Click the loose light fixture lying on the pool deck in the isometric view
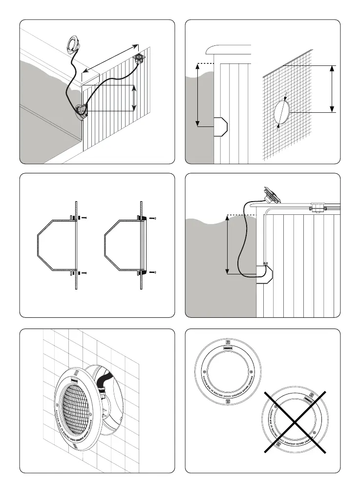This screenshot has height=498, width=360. pyautogui.click(x=74, y=44)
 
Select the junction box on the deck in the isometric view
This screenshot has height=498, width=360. pyautogui.click(x=139, y=59)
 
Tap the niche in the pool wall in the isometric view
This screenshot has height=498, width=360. pyautogui.click(x=81, y=111)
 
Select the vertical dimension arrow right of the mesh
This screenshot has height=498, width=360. pyautogui.click(x=332, y=89)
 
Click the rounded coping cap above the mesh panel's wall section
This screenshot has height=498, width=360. pyautogui.click(x=229, y=50)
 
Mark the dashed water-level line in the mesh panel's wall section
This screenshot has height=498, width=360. pyautogui.click(x=206, y=63)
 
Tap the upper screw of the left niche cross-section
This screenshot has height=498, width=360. pyautogui.click(x=84, y=217)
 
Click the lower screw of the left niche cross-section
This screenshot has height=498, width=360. pyautogui.click(x=84, y=272)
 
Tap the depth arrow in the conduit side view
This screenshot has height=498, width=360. pyautogui.click(x=228, y=244)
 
